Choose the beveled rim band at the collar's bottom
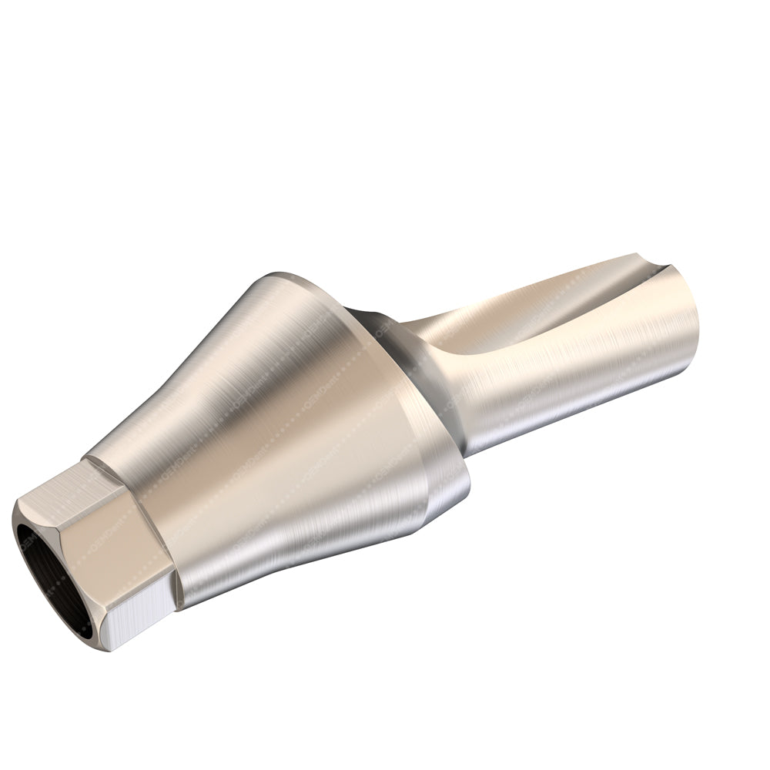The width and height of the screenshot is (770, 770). (447, 500)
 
